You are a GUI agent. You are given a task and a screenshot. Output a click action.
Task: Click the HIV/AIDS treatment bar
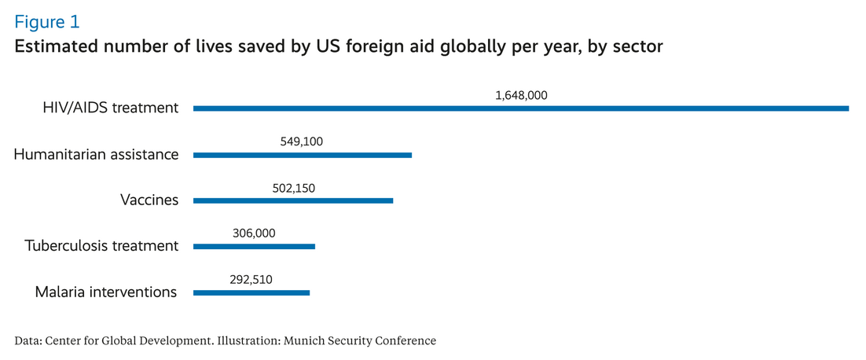520,108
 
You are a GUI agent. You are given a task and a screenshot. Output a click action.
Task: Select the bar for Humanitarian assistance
303,155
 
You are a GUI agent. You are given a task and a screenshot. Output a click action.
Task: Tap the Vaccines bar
293,200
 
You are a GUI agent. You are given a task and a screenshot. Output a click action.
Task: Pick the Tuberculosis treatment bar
254,246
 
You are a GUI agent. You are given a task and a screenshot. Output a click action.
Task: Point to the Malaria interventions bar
251,292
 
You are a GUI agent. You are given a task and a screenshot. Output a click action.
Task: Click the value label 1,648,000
521,95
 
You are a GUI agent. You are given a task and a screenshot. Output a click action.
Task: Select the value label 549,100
302,141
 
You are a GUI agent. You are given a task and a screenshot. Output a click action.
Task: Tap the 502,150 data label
293,187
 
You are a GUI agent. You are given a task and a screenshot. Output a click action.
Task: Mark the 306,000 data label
254,233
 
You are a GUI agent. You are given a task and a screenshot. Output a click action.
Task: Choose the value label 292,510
251,279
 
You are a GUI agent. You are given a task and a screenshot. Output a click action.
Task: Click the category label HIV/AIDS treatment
111,108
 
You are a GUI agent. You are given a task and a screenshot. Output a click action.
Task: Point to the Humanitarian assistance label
96,154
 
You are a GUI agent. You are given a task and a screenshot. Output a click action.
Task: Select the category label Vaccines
149,200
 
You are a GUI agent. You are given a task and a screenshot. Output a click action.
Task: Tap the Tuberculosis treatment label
101,245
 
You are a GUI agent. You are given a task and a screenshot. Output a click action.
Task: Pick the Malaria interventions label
106,292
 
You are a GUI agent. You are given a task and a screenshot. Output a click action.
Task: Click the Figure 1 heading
46,21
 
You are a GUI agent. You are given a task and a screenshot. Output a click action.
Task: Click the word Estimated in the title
53,47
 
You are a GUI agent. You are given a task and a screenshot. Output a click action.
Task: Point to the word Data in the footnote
28,340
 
